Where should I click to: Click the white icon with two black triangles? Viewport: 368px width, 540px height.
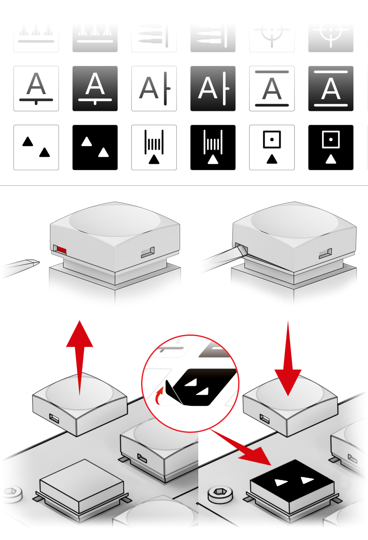(36, 148)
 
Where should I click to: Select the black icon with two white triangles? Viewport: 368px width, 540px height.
(95, 148)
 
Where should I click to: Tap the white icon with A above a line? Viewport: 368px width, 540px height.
(36, 89)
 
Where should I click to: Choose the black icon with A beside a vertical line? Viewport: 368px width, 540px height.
(213, 89)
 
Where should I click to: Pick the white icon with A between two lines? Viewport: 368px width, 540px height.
(272, 89)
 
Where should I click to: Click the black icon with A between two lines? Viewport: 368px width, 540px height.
(331, 89)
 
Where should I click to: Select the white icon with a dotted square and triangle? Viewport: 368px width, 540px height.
(272, 148)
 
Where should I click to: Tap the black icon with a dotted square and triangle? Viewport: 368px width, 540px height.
(331, 148)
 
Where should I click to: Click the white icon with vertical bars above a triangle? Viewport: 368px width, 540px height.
(154, 148)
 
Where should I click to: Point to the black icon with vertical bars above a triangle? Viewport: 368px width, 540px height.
(213, 148)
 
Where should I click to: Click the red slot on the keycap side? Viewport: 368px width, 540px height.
(61, 250)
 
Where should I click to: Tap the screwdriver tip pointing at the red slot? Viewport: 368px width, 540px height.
(34, 263)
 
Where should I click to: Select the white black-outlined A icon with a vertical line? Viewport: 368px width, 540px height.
(154, 89)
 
